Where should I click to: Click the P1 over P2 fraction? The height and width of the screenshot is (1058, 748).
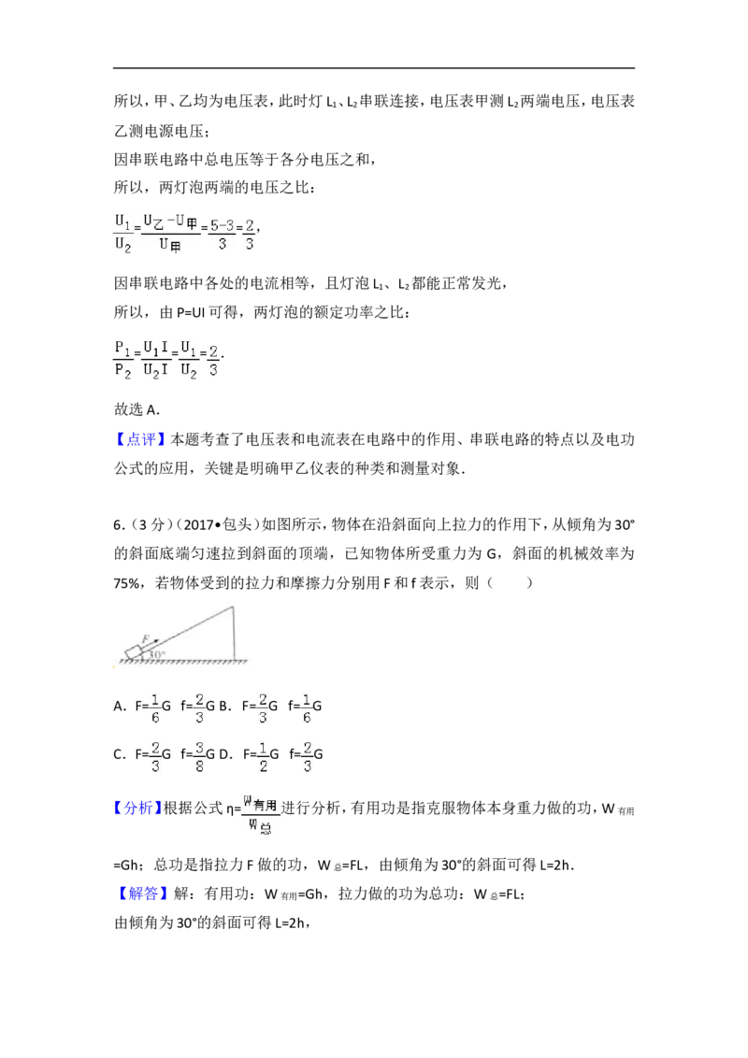[x=122, y=359]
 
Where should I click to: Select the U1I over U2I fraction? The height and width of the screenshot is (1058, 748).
[x=155, y=359]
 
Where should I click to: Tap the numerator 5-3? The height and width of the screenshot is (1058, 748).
[x=222, y=225]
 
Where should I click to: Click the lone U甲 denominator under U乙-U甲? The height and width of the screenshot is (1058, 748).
[x=170, y=245]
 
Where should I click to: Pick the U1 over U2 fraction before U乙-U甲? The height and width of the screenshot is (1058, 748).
[x=122, y=233]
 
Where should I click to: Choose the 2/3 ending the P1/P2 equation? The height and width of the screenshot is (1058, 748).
[x=215, y=360]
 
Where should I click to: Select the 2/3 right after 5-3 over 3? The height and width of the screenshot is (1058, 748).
[x=250, y=234]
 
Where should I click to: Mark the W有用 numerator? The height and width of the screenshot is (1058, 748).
[x=261, y=802]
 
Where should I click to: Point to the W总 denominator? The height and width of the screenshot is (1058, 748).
[x=261, y=827]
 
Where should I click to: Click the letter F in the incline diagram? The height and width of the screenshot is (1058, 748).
[x=144, y=639]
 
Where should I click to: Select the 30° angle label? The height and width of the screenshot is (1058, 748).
[x=158, y=654]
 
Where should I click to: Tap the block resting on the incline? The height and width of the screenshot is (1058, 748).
[x=137, y=651]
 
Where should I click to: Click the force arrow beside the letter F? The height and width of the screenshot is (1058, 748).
[x=151, y=642]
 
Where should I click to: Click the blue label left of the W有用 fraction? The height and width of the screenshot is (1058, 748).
[x=138, y=808]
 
